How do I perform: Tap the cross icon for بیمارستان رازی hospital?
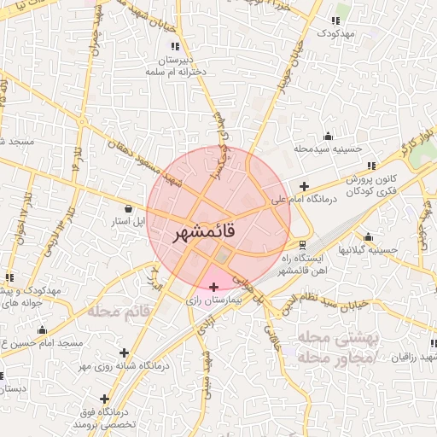(x=213, y=285)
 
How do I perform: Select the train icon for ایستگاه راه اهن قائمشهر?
(x=303, y=245)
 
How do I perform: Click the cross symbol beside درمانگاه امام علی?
(x=304, y=186)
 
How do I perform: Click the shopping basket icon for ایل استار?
(x=128, y=207)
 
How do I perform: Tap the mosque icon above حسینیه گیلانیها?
(x=368, y=237)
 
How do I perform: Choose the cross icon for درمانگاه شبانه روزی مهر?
(x=125, y=353)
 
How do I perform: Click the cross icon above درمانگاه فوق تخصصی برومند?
(x=105, y=399)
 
